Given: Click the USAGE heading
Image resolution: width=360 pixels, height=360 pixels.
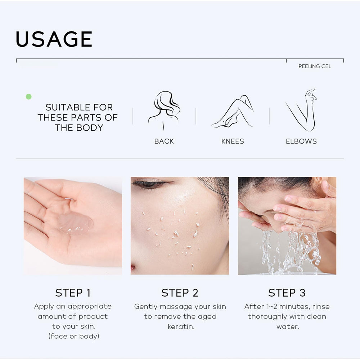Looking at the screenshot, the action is point(54,39).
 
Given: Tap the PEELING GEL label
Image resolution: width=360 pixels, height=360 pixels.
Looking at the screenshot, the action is point(315,66).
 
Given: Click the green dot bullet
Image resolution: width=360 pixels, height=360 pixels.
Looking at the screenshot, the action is point(29,96).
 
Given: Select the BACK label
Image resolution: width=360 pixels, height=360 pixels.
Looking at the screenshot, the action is point(164,141).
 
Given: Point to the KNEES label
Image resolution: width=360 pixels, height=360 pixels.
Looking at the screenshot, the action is point(233,141).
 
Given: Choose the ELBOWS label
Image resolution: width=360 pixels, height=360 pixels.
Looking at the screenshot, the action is point(301,141).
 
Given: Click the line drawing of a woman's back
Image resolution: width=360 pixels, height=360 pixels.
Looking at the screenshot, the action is point(164,111).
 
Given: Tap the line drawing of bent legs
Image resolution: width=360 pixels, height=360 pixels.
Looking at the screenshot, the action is point(232,111).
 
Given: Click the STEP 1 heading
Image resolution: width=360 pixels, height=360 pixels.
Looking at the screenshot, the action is point(73,293).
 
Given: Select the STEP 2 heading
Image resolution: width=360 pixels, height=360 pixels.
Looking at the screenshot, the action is point(180,293).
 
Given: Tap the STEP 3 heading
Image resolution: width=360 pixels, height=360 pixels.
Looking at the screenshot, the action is point(287,293).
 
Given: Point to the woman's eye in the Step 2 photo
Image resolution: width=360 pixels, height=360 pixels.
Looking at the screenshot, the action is point(149,184).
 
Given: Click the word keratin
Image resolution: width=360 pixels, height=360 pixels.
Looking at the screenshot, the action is point(181,327).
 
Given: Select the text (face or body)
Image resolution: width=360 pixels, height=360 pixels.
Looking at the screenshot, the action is point(74,336).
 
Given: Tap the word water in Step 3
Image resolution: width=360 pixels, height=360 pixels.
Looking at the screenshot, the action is point(288,327).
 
